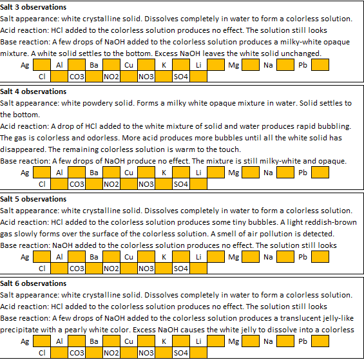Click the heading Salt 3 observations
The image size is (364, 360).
(x=34, y=7)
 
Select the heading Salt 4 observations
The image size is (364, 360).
(x=34, y=91)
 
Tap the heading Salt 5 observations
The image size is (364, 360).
(x=34, y=199)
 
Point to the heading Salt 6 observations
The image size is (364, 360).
(x=34, y=283)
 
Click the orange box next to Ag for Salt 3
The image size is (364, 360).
(x=42, y=65)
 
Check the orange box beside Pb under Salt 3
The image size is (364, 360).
(x=320, y=65)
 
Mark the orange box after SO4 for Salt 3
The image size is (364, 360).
(x=198, y=76)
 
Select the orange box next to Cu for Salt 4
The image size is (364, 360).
(x=146, y=173)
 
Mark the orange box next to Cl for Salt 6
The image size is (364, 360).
(x=59, y=353)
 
